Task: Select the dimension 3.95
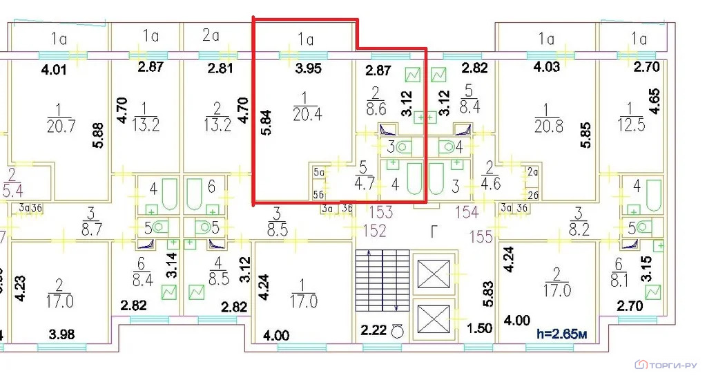pos(307,68)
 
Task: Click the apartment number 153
pos(385,212)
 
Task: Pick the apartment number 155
pos(482,237)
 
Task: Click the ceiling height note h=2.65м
pos(563,333)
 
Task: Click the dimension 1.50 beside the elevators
pos(479,327)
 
